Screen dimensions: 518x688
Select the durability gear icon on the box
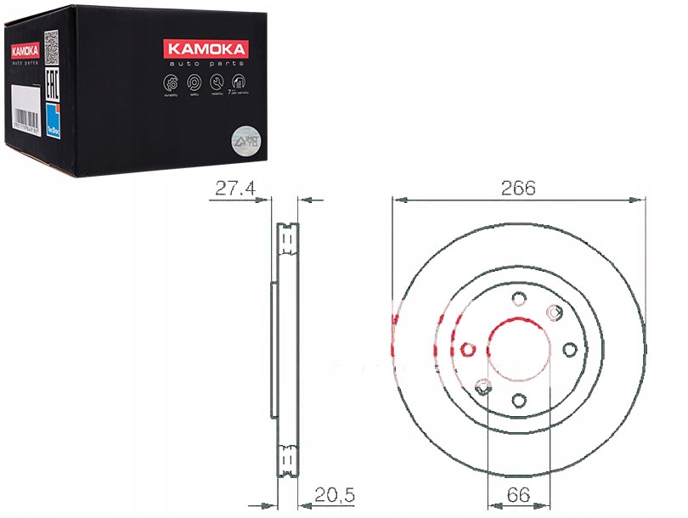pyautogui.click(x=169, y=83)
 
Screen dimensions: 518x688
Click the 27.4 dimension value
pyautogui.click(x=234, y=189)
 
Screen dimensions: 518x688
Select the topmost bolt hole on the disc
pyautogui.click(x=517, y=297)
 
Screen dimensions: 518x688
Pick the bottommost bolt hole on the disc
pyautogui.click(x=517, y=402)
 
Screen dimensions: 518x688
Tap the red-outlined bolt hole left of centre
pyautogui.click(x=465, y=349)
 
